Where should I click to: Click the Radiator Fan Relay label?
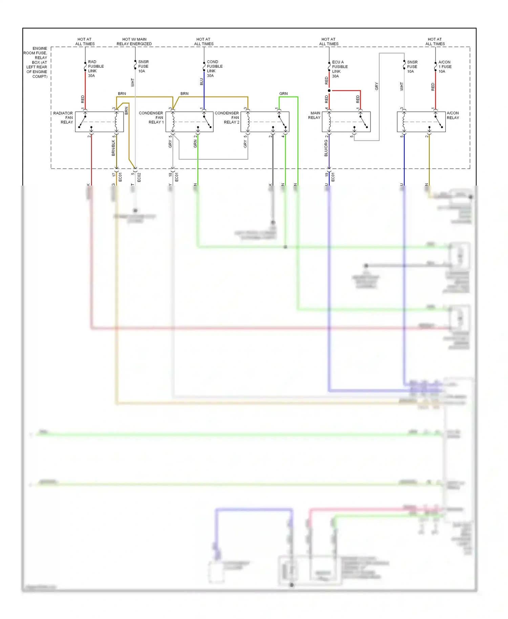(63, 118)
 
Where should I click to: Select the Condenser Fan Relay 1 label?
(151, 118)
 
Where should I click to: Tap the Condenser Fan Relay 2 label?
(227, 118)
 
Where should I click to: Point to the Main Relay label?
(314, 115)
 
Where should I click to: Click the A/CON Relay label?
(452, 115)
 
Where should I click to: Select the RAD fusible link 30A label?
(96, 69)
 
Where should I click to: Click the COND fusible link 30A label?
(214, 69)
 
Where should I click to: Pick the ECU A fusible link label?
(339, 69)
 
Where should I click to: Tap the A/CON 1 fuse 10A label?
(445, 67)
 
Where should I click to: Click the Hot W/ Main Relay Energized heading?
(134, 42)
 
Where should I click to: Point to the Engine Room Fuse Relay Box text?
(36, 62)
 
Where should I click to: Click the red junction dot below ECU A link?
(329, 91)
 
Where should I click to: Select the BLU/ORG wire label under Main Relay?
(326, 148)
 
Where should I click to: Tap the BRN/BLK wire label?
(113, 148)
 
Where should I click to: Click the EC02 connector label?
(139, 177)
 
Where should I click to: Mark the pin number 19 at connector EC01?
(326, 175)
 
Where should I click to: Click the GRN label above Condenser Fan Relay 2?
(283, 94)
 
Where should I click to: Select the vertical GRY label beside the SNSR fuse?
(377, 86)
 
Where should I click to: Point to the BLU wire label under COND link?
(202, 82)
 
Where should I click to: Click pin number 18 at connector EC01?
(170, 175)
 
